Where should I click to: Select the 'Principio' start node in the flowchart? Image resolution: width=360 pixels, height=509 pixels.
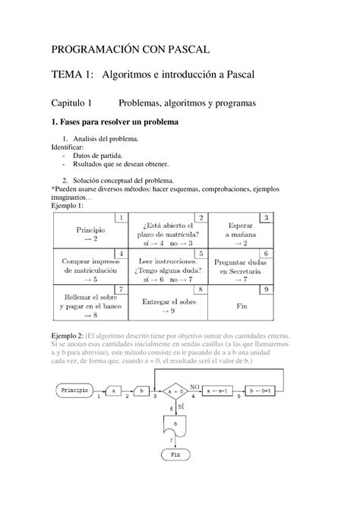75,390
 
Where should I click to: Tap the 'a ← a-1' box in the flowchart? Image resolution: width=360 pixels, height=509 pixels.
221,390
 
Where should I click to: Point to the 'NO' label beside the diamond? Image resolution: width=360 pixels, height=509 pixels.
194,384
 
